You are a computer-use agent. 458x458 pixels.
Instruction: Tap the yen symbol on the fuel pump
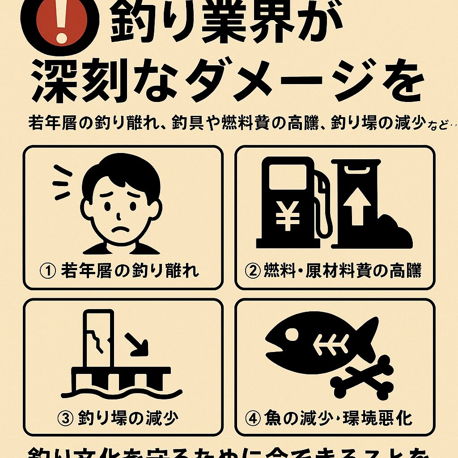click(288, 216)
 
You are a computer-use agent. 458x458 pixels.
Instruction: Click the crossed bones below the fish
click(362, 377)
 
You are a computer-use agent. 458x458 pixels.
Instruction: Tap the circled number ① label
click(47, 271)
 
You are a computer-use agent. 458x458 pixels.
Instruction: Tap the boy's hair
click(121, 172)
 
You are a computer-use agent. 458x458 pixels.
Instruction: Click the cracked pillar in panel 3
click(99, 340)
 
